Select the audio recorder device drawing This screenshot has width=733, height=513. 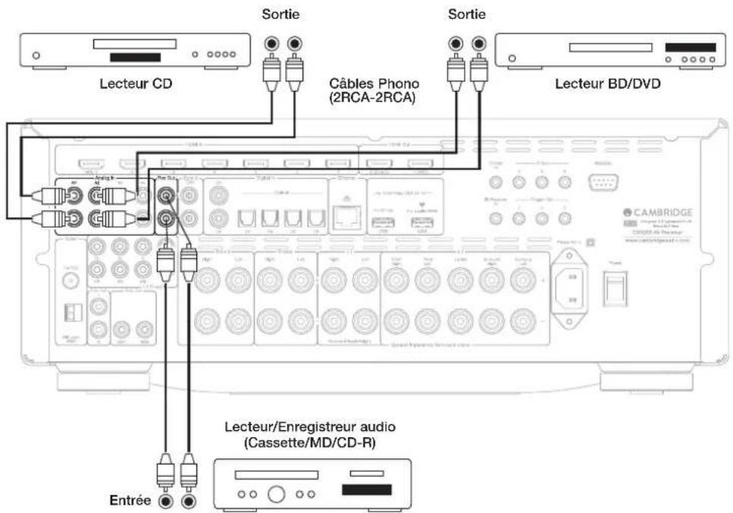tap(312, 483)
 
